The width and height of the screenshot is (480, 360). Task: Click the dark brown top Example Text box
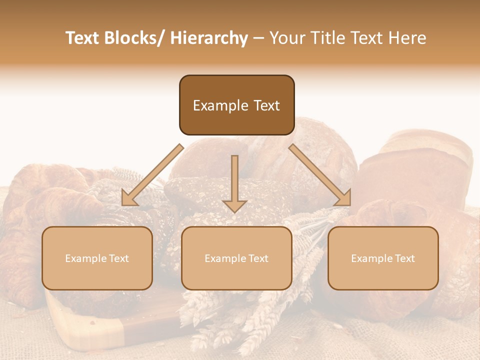click(236, 105)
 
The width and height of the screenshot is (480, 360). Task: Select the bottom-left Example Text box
click(97, 258)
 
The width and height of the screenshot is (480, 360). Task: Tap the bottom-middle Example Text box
click(236, 258)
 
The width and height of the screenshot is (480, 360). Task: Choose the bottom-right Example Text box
click(383, 258)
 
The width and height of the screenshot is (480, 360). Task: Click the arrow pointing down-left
click(152, 175)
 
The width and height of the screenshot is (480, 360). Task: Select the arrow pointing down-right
click(320, 175)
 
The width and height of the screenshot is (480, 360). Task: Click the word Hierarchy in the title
click(208, 38)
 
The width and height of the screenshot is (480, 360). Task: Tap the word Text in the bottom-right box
click(404, 258)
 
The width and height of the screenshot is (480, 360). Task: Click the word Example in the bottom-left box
click(85, 258)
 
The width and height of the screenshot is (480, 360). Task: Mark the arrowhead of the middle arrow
click(234, 205)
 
